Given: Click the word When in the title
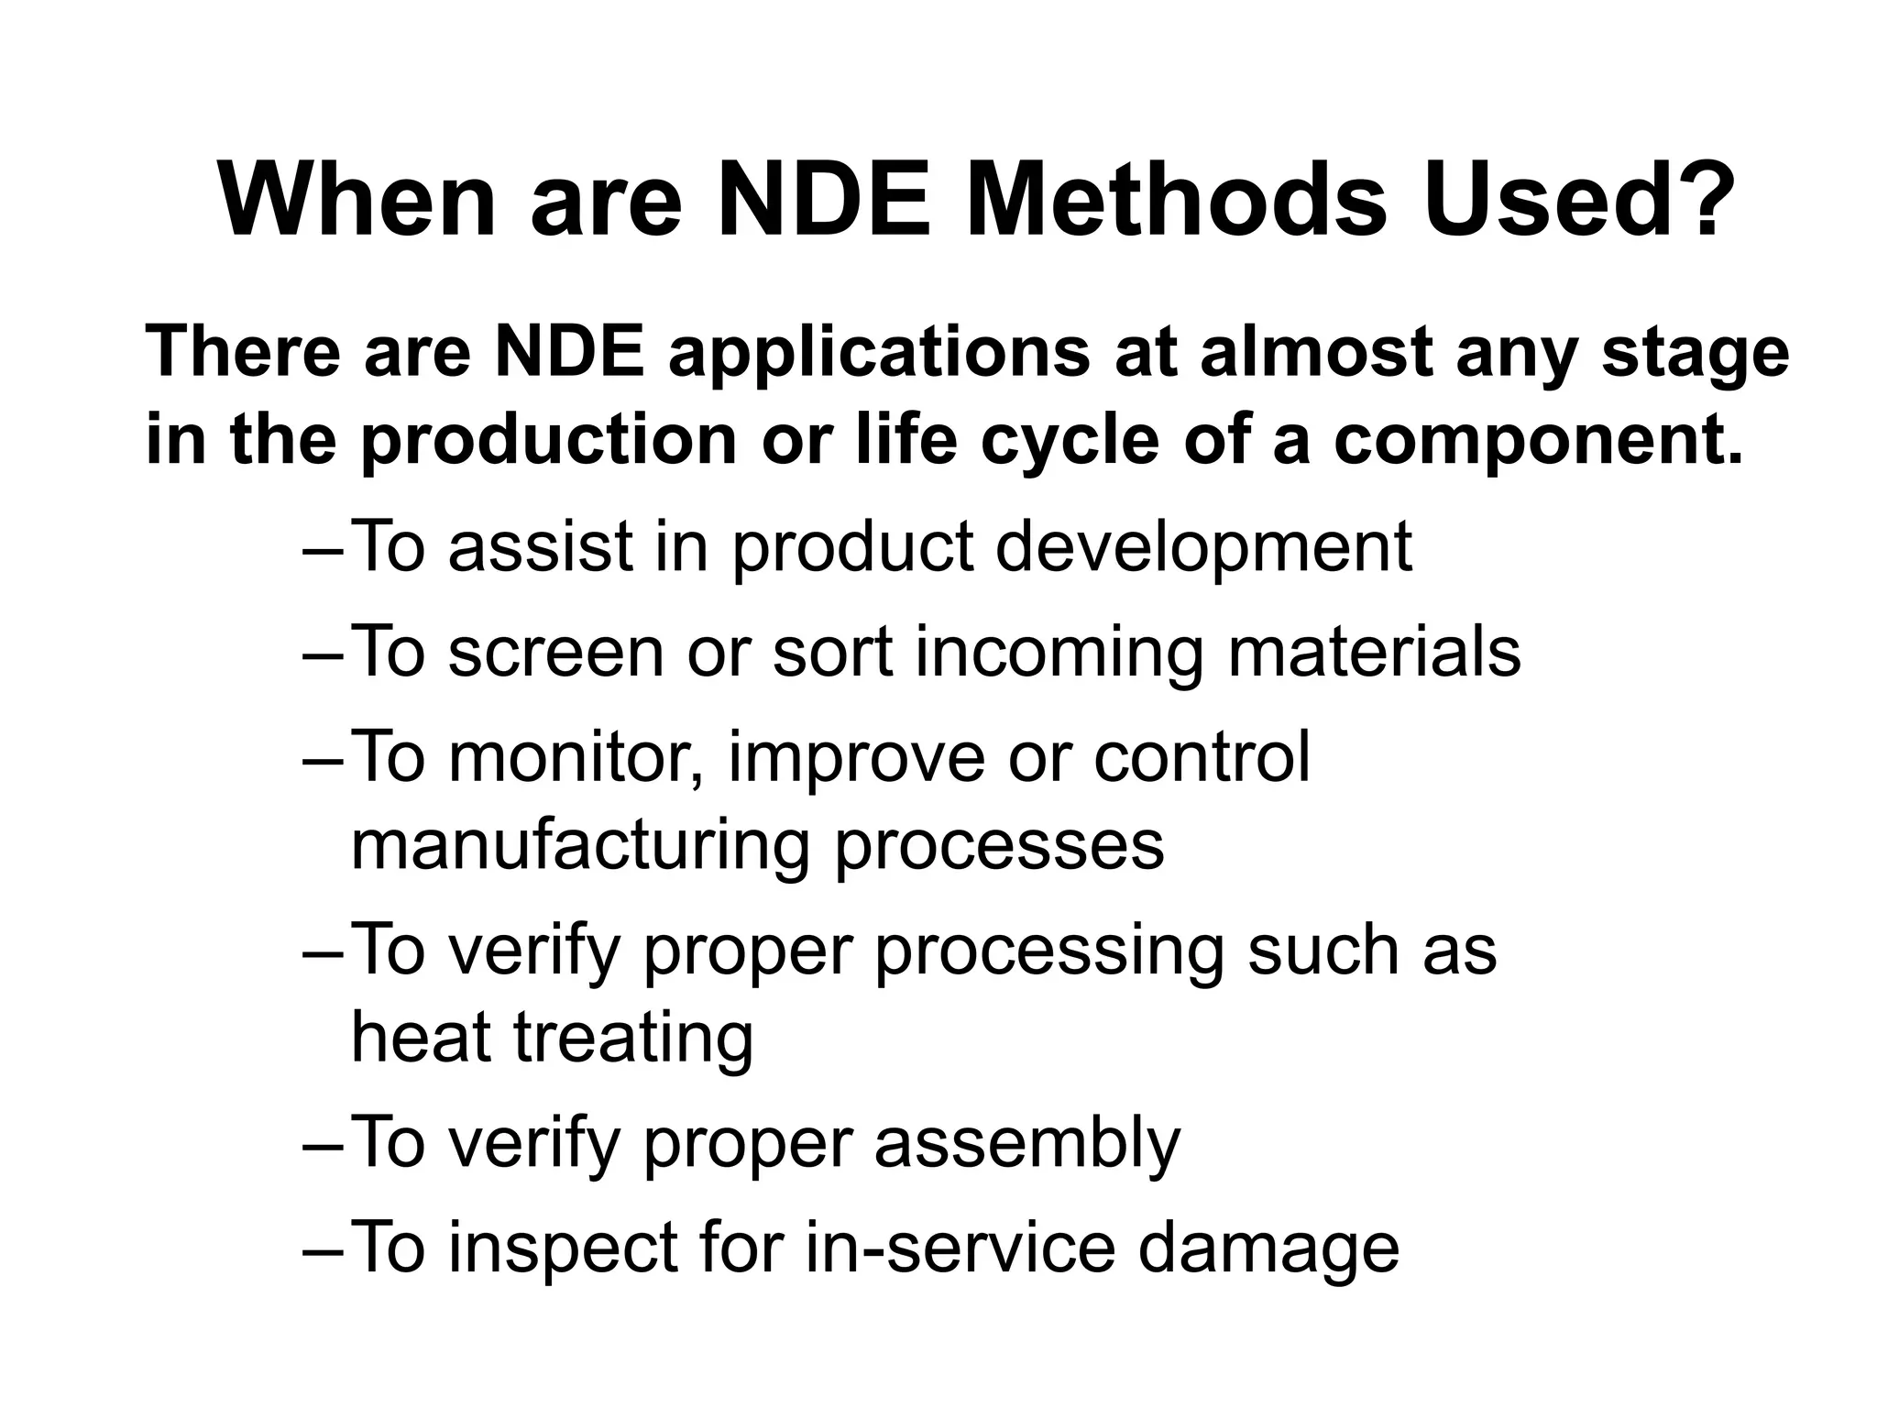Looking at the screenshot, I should click(x=358, y=201).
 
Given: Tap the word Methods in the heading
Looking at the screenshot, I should click(x=1177, y=201).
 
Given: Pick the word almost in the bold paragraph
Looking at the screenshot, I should click(x=1316, y=353).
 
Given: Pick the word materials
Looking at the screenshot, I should click(x=1374, y=652).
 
